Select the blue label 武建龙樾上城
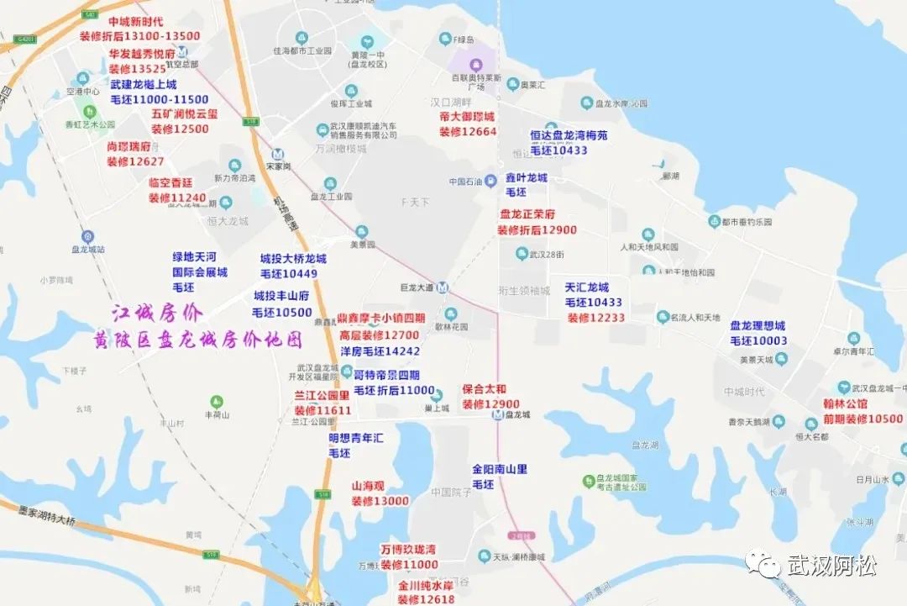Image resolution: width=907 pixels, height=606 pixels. click(x=144, y=85)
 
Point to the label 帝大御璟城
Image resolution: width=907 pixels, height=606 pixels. click(x=467, y=117)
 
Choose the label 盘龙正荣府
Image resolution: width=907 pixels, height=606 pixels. click(x=527, y=214)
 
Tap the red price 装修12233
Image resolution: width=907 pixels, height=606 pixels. click(x=596, y=318)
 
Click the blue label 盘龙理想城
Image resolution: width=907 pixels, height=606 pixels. click(x=758, y=325)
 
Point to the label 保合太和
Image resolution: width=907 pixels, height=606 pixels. click(x=485, y=389)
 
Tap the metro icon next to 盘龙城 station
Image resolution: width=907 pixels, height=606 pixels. click(x=498, y=414)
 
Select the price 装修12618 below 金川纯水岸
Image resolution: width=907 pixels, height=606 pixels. click(x=426, y=599)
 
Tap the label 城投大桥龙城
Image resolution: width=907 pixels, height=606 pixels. click(x=293, y=259)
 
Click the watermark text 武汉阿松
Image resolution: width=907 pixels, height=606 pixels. click(x=831, y=566)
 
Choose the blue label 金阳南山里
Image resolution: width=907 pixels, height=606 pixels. click(x=499, y=469)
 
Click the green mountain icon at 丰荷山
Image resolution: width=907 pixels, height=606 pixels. click(x=218, y=401)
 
